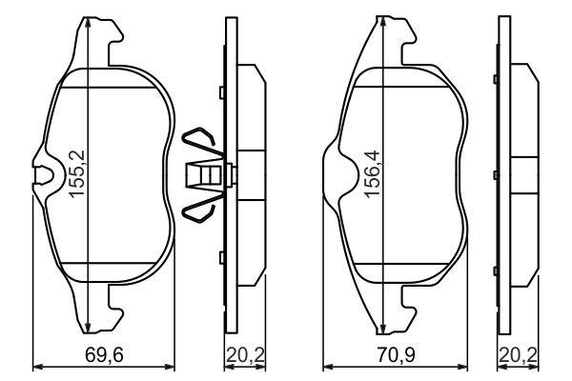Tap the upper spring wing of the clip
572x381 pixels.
202,139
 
